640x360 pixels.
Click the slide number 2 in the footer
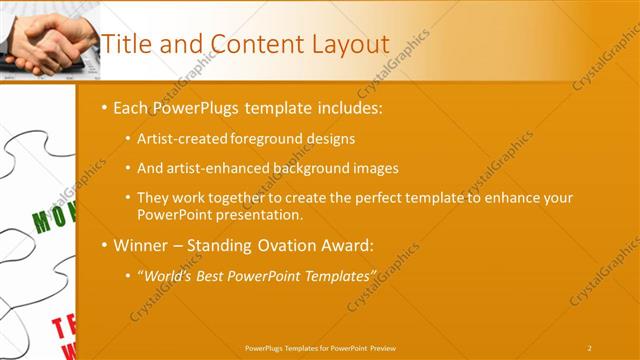pos(589,347)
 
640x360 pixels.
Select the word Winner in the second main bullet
pos(143,245)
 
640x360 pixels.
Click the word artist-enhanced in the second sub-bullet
pos(216,168)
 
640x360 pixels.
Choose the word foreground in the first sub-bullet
pos(263,139)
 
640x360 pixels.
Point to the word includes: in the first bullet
pos(347,107)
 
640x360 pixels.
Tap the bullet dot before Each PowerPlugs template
pos(105,107)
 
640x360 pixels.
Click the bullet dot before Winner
pos(105,245)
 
